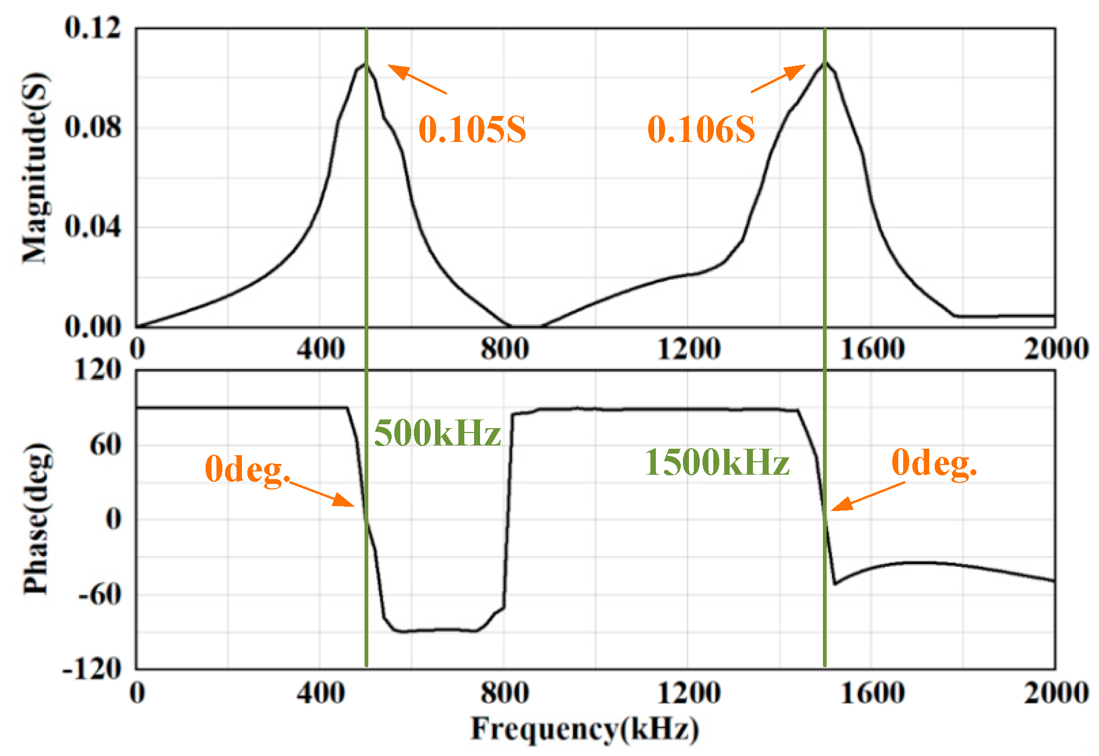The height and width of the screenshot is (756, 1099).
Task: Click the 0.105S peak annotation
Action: [472, 130]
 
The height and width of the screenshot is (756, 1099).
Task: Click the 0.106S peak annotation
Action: [701, 130]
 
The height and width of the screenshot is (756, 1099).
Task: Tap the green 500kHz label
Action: [437, 434]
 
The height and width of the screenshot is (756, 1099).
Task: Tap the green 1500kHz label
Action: [717, 463]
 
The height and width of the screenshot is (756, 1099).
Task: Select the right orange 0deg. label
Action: [934, 464]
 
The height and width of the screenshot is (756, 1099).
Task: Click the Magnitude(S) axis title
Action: [36, 168]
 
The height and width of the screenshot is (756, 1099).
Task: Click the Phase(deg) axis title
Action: [36, 519]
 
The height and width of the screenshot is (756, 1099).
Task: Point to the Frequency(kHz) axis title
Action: [584, 729]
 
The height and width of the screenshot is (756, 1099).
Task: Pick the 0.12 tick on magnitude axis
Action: [92, 27]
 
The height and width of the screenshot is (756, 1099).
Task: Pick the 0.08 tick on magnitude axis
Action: [92, 127]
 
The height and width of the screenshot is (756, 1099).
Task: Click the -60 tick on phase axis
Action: [99, 595]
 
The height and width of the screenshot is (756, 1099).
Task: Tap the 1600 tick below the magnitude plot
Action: [872, 348]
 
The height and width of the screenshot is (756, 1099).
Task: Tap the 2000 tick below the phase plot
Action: [1056, 693]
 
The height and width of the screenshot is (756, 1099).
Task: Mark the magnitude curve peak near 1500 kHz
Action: [825, 62]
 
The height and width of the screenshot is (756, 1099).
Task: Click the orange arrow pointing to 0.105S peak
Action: [417, 79]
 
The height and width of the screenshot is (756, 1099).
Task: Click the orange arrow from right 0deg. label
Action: [867, 496]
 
